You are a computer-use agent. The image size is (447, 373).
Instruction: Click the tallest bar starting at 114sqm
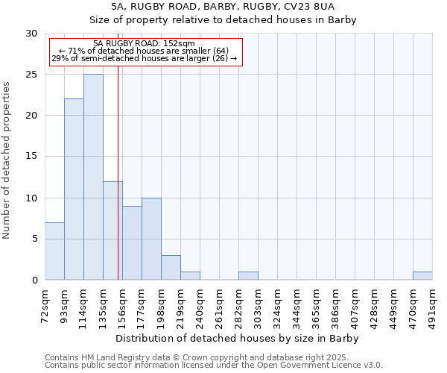pos(93,177)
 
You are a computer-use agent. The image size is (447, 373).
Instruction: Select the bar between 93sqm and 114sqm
pos(74,189)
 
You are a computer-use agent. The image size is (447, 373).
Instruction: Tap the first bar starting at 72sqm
pos(54,251)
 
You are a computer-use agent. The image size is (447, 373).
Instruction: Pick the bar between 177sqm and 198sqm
pos(151,239)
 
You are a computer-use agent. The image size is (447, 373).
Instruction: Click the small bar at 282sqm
pos(248,276)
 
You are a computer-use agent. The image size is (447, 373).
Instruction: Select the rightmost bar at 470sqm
pos(422,276)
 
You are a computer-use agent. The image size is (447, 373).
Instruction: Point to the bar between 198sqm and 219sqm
pos(171,268)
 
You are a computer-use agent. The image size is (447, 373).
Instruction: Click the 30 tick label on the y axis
pos(31,34)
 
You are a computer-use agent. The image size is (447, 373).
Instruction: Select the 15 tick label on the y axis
pos(31,157)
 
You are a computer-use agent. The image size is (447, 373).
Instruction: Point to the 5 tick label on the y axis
pos(34,239)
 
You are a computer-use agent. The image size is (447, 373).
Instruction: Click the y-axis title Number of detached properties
pos(7,160)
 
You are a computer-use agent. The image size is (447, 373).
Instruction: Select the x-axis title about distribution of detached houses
pos(238,338)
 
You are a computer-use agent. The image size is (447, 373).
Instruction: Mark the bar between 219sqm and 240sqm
pos(190,276)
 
